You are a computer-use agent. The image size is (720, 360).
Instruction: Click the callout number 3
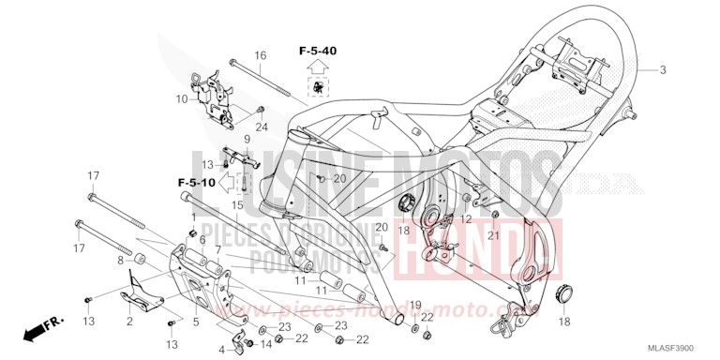[x=662, y=70]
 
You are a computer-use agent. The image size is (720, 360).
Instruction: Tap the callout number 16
[x=261, y=55]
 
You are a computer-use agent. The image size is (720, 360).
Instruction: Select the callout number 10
[x=181, y=97]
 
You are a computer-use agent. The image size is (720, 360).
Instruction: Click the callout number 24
[x=262, y=127]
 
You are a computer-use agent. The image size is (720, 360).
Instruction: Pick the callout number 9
[x=247, y=140]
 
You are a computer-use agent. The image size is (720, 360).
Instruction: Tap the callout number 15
[x=238, y=205]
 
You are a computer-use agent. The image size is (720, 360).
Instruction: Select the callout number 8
[x=121, y=259]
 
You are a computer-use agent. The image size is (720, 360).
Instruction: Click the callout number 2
[x=128, y=322]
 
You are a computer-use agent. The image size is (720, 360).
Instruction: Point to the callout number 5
[x=195, y=322]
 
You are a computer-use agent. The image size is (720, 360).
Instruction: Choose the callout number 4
[x=221, y=350]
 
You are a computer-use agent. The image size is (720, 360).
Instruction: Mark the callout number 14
[x=265, y=345]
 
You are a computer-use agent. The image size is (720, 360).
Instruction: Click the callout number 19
[x=415, y=305]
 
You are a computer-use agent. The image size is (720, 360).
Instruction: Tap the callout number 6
[x=202, y=240]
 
